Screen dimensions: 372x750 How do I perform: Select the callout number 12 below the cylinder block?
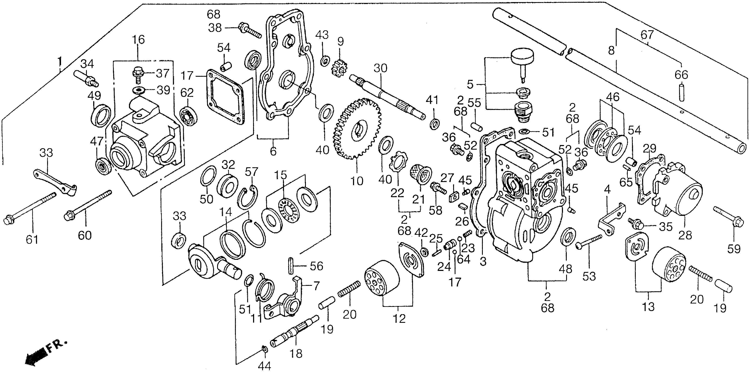tap(399, 319)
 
